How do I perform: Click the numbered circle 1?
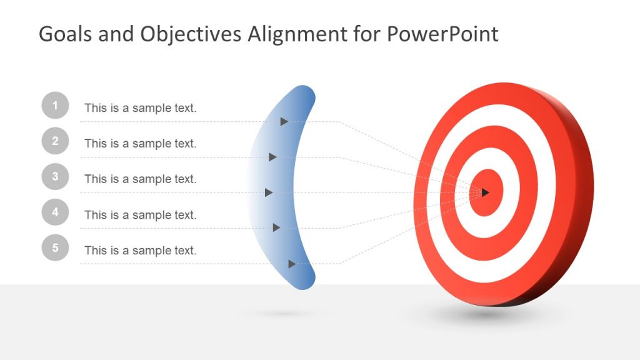click(55, 106)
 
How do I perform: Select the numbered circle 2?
click(55, 141)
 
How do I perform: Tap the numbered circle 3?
click(55, 177)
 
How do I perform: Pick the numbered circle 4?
click(55, 212)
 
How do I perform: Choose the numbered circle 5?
click(55, 248)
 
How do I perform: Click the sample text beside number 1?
click(140, 108)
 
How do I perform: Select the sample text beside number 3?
click(140, 179)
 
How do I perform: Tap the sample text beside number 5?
click(140, 251)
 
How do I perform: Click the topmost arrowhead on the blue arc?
click(284, 121)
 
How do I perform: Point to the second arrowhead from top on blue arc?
click(272, 157)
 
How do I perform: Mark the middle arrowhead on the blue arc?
click(269, 192)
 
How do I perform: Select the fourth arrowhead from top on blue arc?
click(276, 227)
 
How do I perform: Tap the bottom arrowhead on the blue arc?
click(292, 264)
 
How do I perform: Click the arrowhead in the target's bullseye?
click(485, 192)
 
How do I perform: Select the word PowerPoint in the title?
click(442, 34)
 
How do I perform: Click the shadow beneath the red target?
click(494, 316)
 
